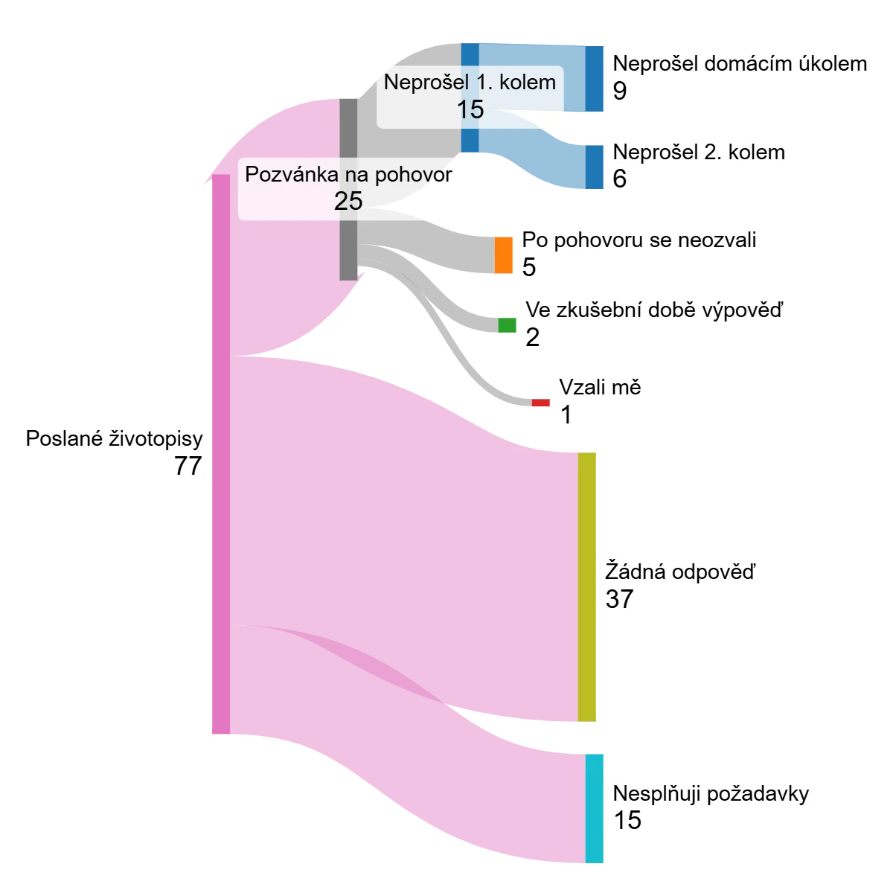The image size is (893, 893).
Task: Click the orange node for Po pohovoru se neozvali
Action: [504, 255]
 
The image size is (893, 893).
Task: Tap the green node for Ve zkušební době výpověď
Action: [507, 324]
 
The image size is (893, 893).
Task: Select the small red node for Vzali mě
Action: [540, 403]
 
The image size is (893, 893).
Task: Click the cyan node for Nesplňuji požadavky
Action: [595, 807]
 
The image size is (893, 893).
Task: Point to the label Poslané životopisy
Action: [114, 438]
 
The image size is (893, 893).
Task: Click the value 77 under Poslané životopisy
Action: [188, 466]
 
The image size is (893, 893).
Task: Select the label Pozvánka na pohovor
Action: [348, 175]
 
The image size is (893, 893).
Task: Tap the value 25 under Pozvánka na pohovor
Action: [348, 201]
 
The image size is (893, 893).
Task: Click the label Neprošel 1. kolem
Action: [470, 82]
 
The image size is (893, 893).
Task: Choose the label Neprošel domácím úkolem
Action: [740, 63]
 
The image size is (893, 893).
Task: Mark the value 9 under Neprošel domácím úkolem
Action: [620, 91]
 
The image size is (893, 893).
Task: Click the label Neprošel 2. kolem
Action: [699, 152]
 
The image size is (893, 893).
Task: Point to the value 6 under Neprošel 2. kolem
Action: [620, 179]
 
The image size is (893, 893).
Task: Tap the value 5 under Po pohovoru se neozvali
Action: [529, 267]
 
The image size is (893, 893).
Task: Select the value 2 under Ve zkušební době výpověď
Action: [533, 337]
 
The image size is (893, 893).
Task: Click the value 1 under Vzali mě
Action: [566, 415]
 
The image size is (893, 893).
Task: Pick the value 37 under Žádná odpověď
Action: [619, 599]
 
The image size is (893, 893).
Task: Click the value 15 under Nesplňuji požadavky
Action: [627, 820]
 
